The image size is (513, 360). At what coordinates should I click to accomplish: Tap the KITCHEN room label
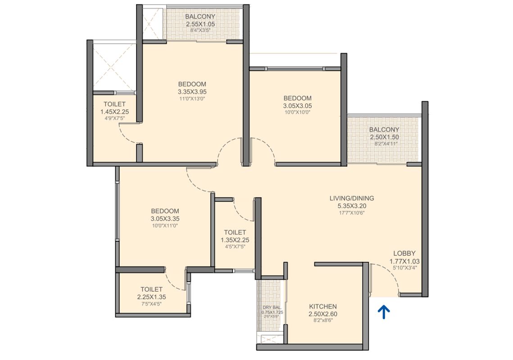(x=322, y=306)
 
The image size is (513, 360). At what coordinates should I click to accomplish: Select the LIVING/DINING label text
(x=351, y=198)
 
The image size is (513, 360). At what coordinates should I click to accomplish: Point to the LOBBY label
(x=404, y=253)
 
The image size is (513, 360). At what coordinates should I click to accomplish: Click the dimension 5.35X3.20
(x=351, y=206)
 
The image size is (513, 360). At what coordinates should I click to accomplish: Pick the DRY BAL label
(x=272, y=307)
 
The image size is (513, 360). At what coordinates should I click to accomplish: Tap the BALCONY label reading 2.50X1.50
(x=384, y=130)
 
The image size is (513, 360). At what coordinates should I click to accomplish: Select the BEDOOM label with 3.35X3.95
(x=192, y=84)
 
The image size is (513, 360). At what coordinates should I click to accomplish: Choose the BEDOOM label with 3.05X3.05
(x=297, y=99)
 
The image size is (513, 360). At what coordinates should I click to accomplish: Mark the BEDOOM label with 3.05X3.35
(x=165, y=211)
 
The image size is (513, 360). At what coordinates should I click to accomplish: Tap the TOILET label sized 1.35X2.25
(x=235, y=232)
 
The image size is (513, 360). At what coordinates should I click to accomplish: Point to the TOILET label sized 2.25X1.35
(x=151, y=289)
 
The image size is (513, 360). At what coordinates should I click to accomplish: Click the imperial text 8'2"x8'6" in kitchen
(x=322, y=321)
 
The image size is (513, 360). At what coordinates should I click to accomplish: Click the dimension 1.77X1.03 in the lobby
(x=404, y=261)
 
